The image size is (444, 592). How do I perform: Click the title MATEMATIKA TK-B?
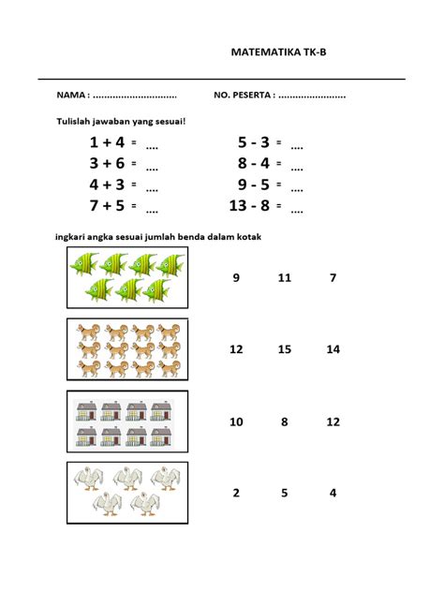[x=279, y=53]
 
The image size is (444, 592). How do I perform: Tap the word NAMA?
[x=71, y=96]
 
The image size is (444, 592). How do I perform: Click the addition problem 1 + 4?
[x=107, y=142]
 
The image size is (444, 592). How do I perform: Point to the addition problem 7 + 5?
[x=107, y=204]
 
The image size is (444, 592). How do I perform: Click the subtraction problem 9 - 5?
[x=253, y=184]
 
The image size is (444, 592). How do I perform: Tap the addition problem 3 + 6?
[x=107, y=163]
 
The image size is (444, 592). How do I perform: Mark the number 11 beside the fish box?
[x=285, y=277]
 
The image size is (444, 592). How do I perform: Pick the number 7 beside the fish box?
[x=333, y=277]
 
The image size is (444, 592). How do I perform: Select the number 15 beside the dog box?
[x=285, y=349]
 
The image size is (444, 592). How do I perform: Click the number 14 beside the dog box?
[x=333, y=349]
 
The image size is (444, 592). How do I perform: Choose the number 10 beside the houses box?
[x=236, y=422]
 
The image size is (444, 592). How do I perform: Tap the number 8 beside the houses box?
[x=285, y=422]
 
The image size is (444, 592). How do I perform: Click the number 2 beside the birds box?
[x=236, y=493]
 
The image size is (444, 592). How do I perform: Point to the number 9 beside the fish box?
[x=236, y=277]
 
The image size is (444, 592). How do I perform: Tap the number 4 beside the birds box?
[x=333, y=493]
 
